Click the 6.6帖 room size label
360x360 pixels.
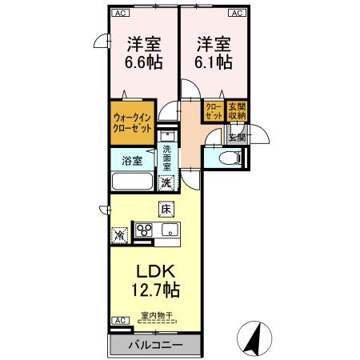(x=142, y=62)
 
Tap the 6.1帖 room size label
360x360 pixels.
(x=214, y=62)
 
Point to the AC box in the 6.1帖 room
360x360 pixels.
(x=238, y=13)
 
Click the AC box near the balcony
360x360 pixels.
(x=119, y=322)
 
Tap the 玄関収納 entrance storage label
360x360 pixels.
(x=237, y=111)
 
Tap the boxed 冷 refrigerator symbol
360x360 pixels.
(x=119, y=236)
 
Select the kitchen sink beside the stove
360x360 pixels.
(x=170, y=233)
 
